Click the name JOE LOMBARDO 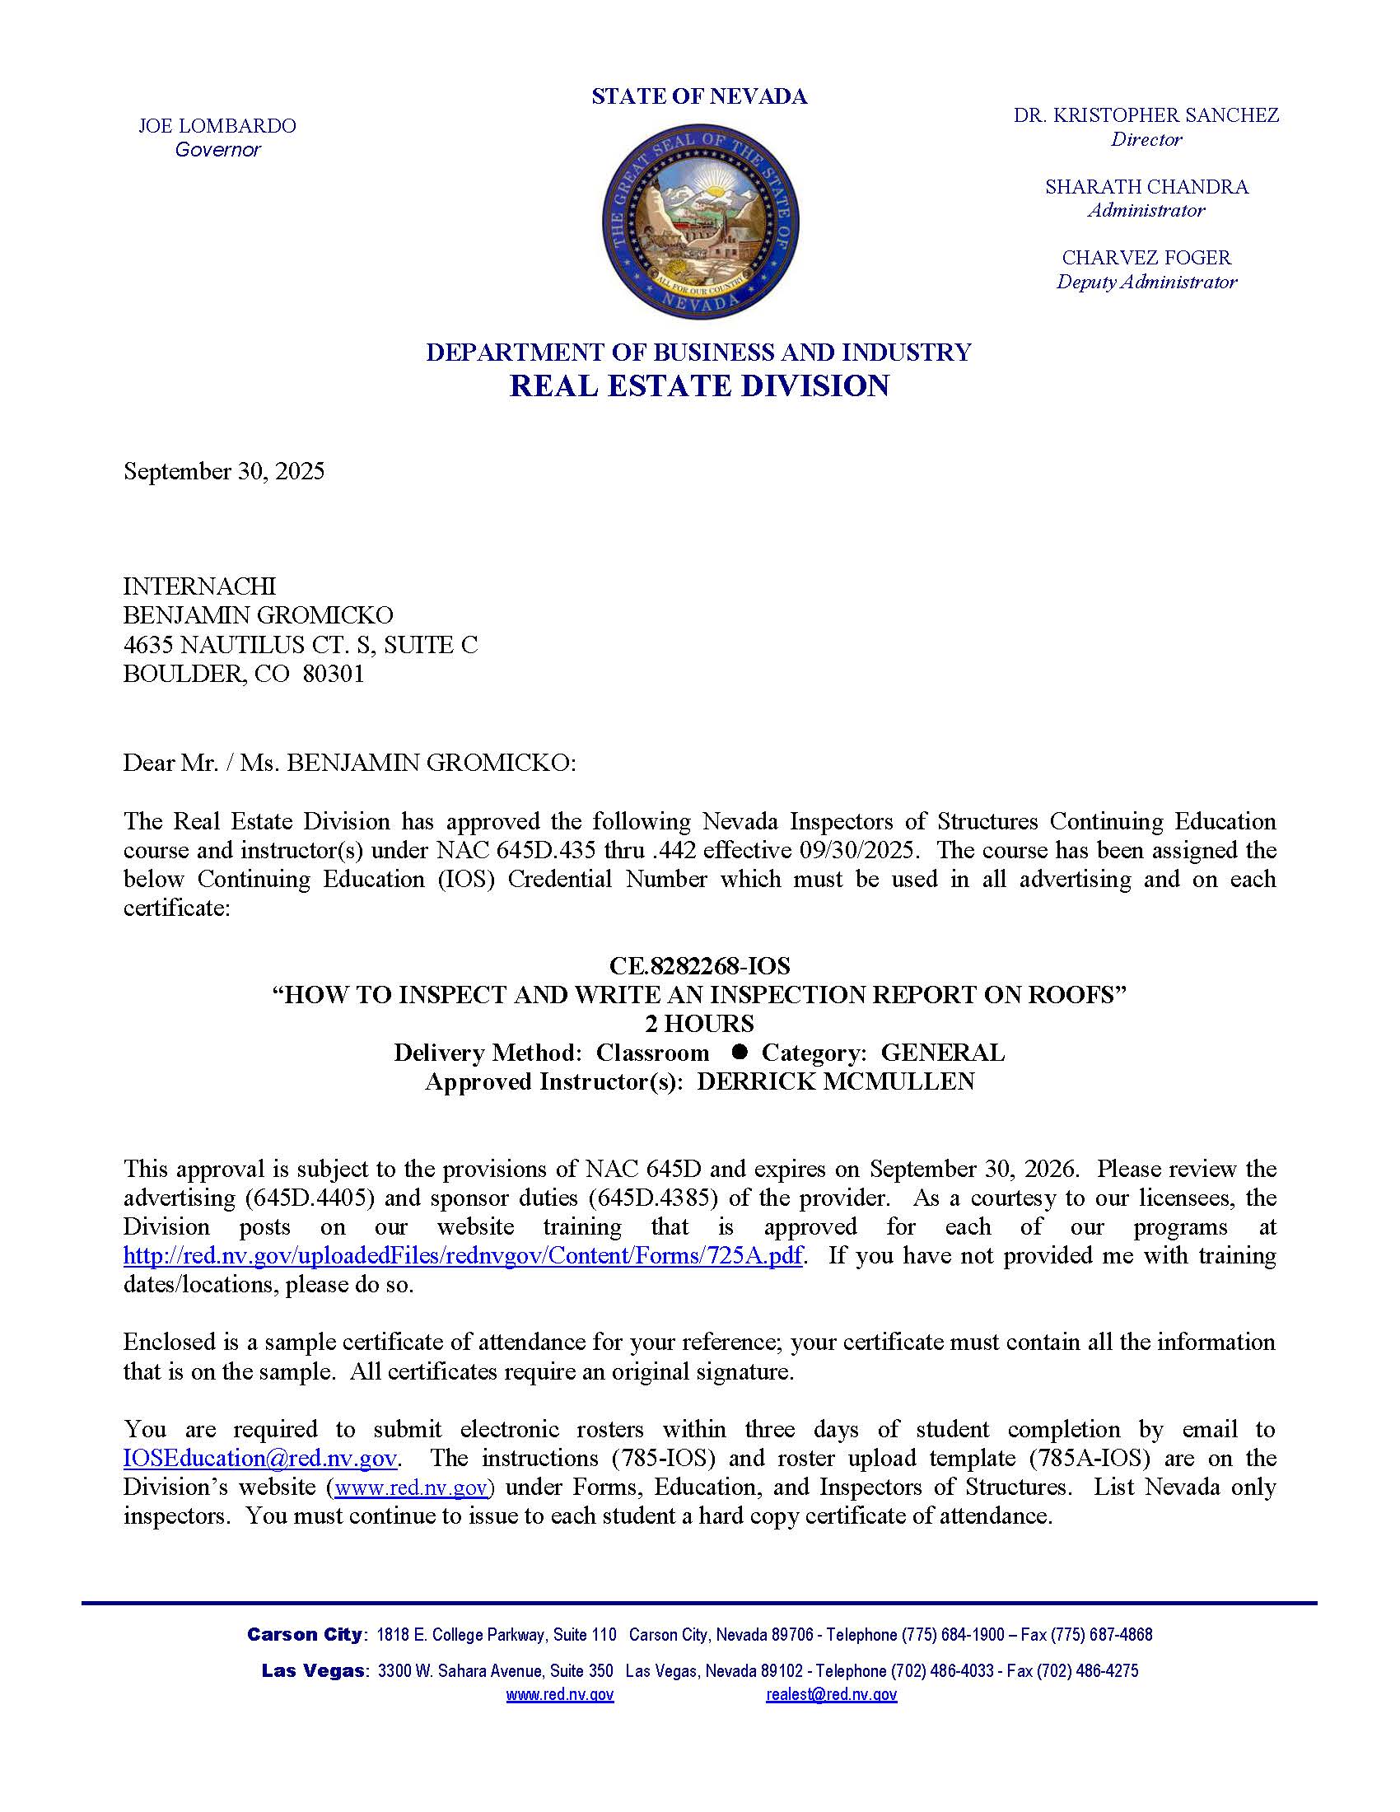click(x=217, y=126)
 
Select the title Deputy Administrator click(x=1146, y=282)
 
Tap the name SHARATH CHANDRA click(x=1146, y=187)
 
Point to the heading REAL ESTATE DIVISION click(x=699, y=385)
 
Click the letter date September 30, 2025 click(x=224, y=471)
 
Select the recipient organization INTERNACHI click(x=199, y=586)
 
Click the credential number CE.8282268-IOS click(x=699, y=966)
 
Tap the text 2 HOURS click(x=699, y=1024)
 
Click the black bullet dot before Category click(x=740, y=1051)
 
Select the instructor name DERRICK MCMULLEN click(x=835, y=1082)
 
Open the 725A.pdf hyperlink click(x=463, y=1256)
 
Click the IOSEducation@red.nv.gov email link click(x=260, y=1459)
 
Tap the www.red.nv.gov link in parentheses click(x=412, y=1487)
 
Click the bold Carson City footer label click(x=305, y=1634)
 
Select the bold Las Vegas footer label click(x=313, y=1671)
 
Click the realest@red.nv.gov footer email click(x=831, y=1695)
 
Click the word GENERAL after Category click(x=942, y=1053)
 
